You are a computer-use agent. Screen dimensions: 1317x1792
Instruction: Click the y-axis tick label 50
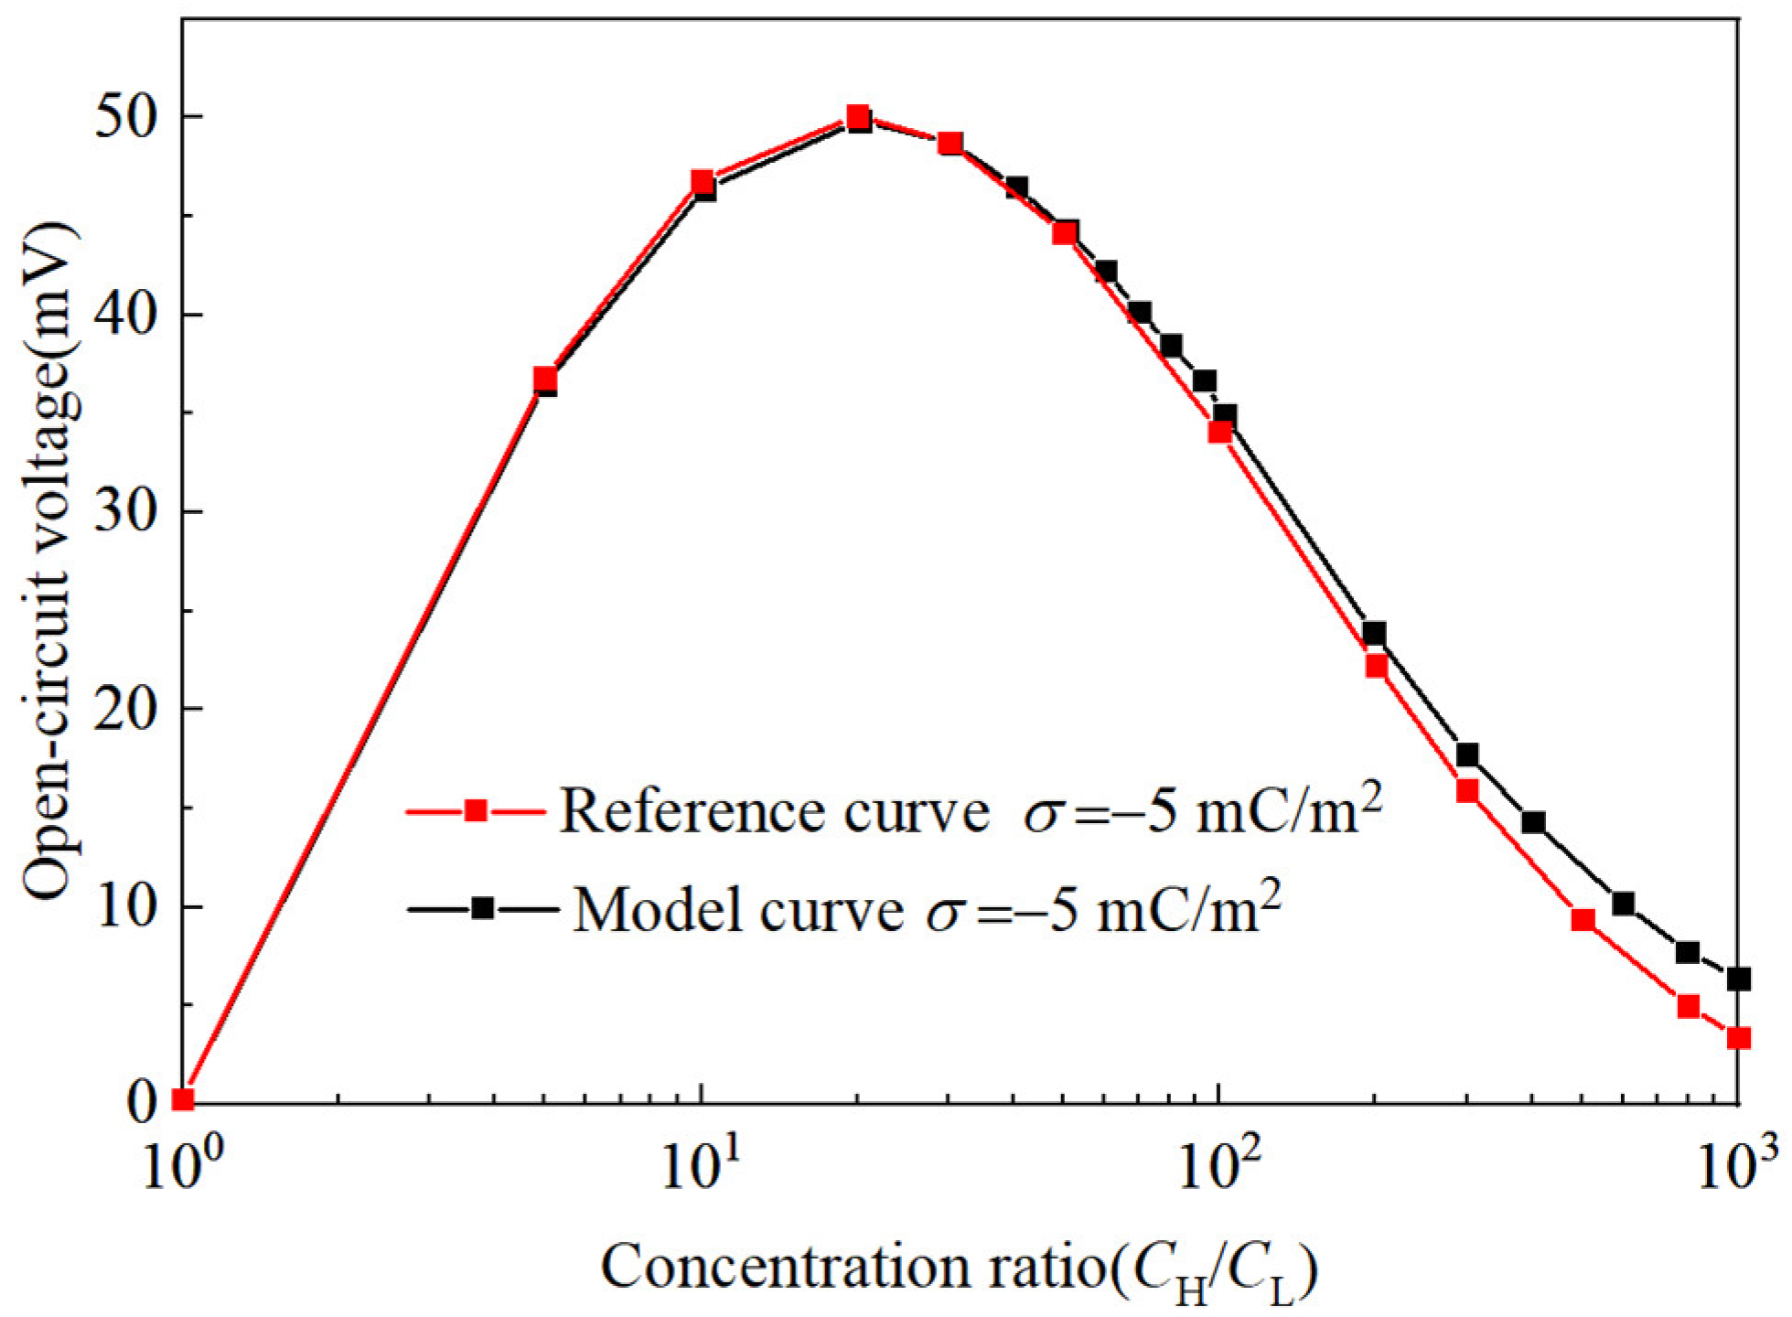(x=129, y=117)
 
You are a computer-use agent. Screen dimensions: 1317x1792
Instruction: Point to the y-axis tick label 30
(x=129, y=512)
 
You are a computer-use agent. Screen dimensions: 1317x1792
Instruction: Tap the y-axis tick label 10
(x=129, y=906)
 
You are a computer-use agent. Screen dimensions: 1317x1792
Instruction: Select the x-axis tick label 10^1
(x=701, y=1170)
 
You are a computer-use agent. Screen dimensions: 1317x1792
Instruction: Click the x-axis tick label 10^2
(x=1218, y=1170)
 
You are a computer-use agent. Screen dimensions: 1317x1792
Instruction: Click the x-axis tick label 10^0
(x=183, y=1170)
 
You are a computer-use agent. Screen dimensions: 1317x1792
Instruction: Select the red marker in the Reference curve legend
(x=475, y=810)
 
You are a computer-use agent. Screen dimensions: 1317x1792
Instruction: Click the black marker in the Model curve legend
(x=483, y=908)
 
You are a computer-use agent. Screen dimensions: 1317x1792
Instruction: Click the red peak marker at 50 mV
(x=857, y=117)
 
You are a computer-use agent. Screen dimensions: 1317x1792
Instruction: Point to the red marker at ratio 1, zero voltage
(x=184, y=1099)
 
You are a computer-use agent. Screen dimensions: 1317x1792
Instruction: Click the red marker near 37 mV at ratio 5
(x=545, y=379)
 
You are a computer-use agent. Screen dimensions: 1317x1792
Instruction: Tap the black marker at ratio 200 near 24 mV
(x=1374, y=633)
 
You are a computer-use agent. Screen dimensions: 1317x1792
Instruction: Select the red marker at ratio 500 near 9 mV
(x=1583, y=920)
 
